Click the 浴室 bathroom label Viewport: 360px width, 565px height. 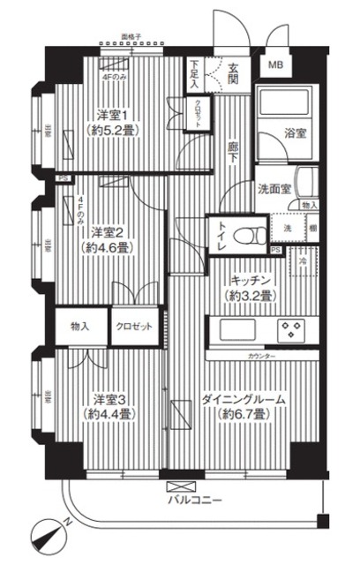tap(295, 134)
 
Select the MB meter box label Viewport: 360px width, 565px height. tap(275, 66)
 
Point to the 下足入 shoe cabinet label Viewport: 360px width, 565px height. tap(194, 70)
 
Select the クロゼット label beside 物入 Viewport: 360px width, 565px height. tap(135, 326)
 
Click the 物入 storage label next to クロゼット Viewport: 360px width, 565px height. tap(80, 326)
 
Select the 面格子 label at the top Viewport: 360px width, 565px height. tap(132, 36)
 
